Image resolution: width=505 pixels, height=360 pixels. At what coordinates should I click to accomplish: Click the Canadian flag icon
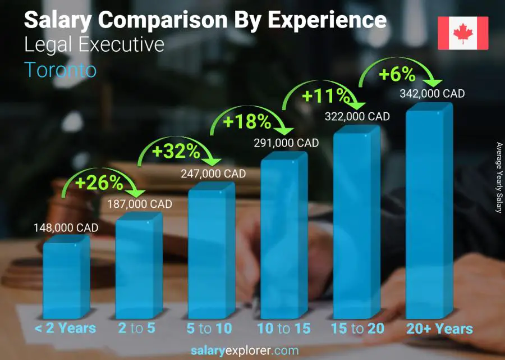pyautogui.click(x=463, y=33)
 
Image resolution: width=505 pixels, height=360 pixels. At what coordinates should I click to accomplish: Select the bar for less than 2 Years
pyautogui.click(x=66, y=278)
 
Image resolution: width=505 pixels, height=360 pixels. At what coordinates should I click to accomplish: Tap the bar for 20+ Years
pyautogui.click(x=429, y=213)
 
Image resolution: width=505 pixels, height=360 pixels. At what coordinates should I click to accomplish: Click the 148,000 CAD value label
pyautogui.click(x=66, y=227)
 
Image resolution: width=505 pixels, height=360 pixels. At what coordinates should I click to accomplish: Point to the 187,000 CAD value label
pyautogui.click(x=140, y=204)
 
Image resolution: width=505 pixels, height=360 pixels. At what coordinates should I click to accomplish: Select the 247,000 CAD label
pyautogui.click(x=213, y=174)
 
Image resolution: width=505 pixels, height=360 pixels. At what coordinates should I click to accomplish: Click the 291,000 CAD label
pyautogui.click(x=286, y=143)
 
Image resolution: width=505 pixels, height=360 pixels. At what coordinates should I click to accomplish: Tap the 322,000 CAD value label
pyautogui.click(x=357, y=116)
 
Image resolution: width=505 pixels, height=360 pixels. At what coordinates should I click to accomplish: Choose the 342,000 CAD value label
pyautogui.click(x=433, y=94)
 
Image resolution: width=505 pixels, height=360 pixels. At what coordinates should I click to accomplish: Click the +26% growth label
pyautogui.click(x=99, y=183)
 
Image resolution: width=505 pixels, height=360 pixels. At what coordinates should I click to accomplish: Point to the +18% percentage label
pyautogui.click(x=247, y=121)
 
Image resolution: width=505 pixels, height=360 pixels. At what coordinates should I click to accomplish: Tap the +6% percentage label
pyautogui.click(x=397, y=74)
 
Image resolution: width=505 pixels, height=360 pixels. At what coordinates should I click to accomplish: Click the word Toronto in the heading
pyautogui.click(x=61, y=70)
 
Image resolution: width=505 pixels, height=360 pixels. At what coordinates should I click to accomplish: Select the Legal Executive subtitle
pyautogui.click(x=94, y=44)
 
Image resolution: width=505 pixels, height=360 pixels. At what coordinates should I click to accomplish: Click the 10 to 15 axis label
pyautogui.click(x=283, y=329)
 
